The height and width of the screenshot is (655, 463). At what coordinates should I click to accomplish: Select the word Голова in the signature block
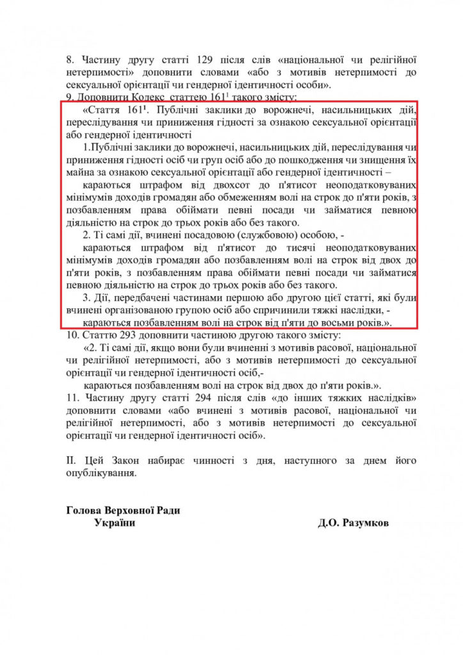[x=83, y=509]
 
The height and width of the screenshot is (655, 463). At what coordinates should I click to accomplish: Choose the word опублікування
[x=100, y=475]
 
